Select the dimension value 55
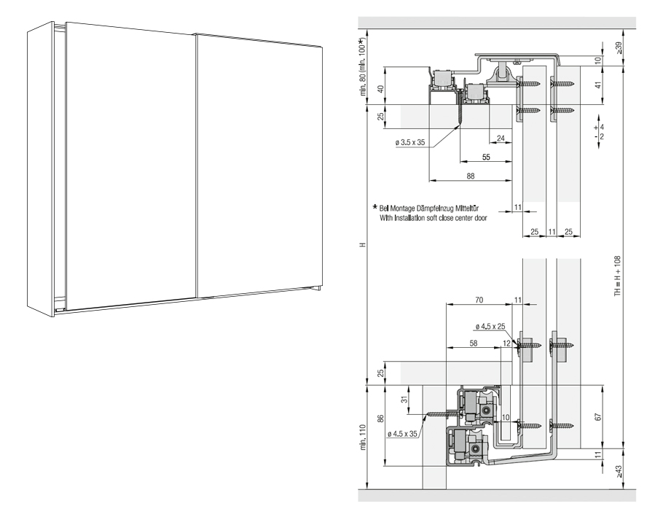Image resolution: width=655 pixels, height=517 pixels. pos(486,157)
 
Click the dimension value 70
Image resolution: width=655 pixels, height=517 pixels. pos(479,299)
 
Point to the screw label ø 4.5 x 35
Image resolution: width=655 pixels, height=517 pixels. pos(403,434)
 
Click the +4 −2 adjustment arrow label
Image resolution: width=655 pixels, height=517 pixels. pos(599,131)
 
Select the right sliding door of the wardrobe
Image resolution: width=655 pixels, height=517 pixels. pos(259,164)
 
